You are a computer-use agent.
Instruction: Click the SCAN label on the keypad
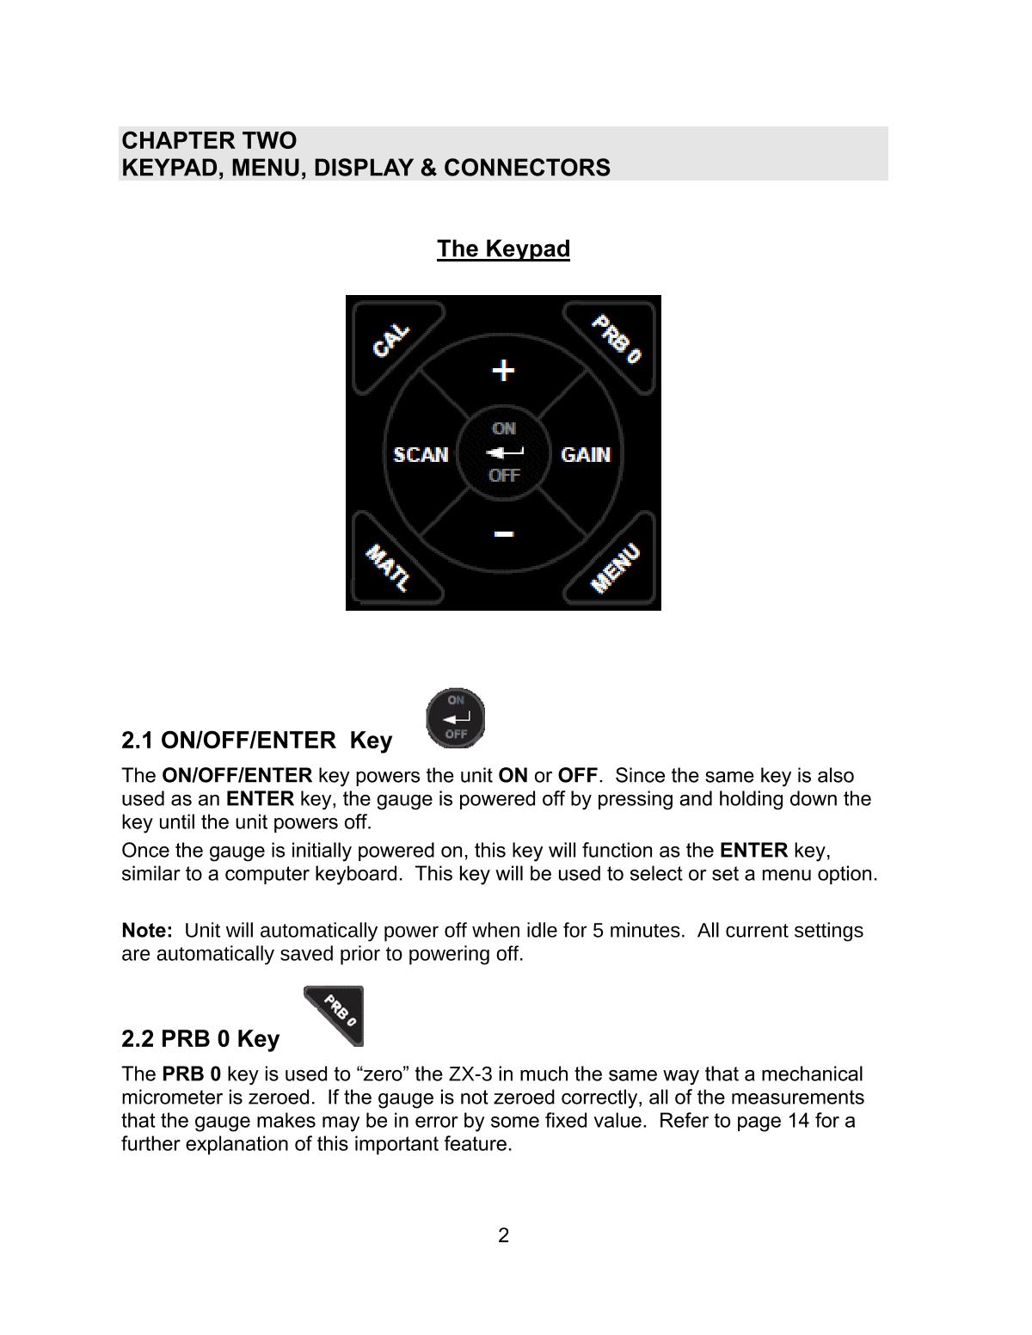click(x=421, y=454)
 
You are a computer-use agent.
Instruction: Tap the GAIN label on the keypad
click(x=586, y=454)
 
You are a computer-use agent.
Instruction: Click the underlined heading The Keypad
click(x=503, y=249)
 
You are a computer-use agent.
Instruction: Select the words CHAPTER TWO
click(x=209, y=141)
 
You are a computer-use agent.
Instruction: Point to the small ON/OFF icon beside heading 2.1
click(x=456, y=717)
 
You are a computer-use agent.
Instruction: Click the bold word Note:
click(x=147, y=931)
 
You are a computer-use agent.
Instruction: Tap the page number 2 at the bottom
click(x=503, y=1236)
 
